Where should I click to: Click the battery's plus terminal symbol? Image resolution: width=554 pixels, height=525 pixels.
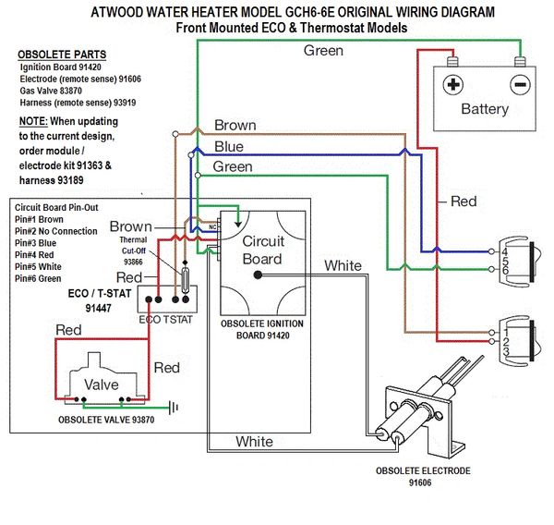(453, 84)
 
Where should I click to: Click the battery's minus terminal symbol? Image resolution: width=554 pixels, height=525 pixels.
(520, 85)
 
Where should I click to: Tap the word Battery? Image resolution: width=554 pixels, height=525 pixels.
(485, 109)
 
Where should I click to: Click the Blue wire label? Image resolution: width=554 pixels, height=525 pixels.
(229, 146)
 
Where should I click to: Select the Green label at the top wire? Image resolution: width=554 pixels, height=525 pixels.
(323, 51)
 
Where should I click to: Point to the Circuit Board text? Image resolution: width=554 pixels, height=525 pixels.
(263, 250)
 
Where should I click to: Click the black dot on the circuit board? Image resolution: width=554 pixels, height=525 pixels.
(258, 275)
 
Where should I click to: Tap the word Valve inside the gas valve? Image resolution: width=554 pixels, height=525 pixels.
(102, 385)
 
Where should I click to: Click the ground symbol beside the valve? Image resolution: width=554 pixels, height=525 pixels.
(174, 408)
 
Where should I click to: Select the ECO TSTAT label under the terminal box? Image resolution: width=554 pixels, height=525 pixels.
(165, 320)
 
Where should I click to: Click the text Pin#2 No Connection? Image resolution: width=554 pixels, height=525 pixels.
(55, 231)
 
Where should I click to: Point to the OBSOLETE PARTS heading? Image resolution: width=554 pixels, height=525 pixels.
(62, 55)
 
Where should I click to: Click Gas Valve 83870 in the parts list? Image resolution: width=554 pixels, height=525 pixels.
(51, 91)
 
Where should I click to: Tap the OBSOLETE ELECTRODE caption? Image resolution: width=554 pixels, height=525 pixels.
(423, 470)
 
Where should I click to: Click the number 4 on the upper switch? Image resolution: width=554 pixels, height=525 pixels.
(504, 252)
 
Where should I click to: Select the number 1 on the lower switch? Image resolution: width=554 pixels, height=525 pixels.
(506, 333)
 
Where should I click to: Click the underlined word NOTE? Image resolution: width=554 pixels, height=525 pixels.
(33, 121)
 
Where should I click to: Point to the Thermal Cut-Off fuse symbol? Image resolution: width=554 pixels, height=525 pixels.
(185, 281)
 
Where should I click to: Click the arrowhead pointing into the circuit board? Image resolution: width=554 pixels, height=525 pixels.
(238, 224)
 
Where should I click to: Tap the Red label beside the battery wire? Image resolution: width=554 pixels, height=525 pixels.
(464, 201)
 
